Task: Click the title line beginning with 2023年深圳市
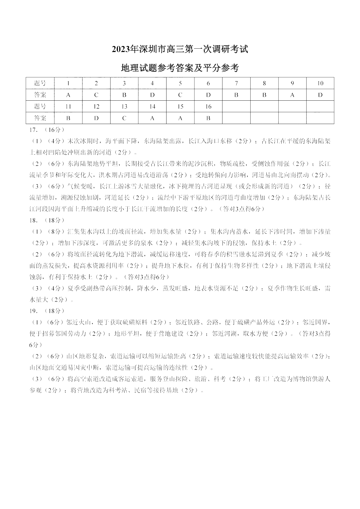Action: tap(180, 49)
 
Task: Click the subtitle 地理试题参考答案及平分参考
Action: tap(180, 68)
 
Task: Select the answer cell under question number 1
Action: tap(68, 95)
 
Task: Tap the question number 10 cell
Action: tap(320, 83)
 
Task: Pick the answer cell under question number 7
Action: tap(236, 95)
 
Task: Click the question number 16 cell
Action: tap(208, 107)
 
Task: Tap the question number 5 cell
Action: tap(180, 83)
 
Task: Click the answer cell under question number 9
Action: tap(292, 95)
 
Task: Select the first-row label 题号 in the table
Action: tap(40, 83)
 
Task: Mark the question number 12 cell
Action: tap(96, 107)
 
